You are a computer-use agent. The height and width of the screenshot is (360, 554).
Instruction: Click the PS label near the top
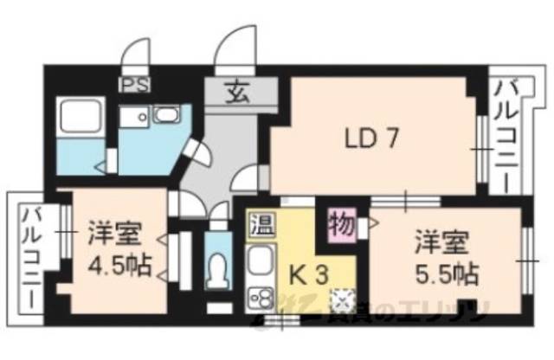pyautogui.click(x=133, y=86)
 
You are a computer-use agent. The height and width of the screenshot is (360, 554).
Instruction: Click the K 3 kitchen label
pyautogui.click(x=309, y=276)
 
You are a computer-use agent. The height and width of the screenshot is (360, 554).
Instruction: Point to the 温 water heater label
pyautogui.click(x=260, y=227)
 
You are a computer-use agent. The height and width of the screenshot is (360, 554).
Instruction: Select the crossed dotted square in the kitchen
pyautogui.click(x=342, y=299)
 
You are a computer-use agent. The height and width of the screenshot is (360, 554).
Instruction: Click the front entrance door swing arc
pyautogui.click(x=235, y=48)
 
